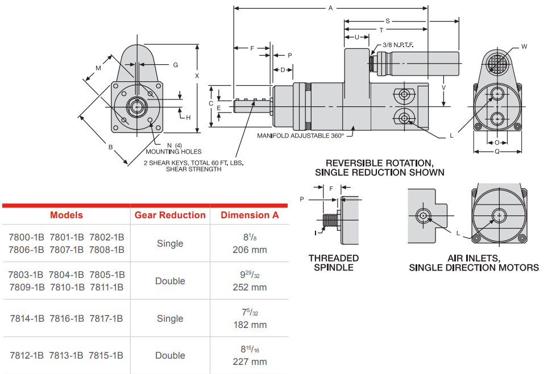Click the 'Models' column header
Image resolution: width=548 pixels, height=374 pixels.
pyautogui.click(x=66, y=215)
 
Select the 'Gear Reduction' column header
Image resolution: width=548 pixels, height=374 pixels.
pyautogui.click(x=170, y=215)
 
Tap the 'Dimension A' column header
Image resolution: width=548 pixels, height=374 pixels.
pyautogui.click(x=250, y=215)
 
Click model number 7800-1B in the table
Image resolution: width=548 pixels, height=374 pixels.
pyautogui.click(x=26, y=237)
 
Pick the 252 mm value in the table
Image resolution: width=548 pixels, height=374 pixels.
pyautogui.click(x=250, y=288)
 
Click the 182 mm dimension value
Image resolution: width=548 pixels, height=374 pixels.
pyautogui.click(x=250, y=325)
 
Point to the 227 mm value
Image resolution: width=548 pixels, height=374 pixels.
pyautogui.click(x=250, y=362)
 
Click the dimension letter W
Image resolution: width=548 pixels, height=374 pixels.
pyautogui.click(x=524, y=47)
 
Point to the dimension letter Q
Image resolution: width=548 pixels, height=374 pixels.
pyautogui.click(x=497, y=152)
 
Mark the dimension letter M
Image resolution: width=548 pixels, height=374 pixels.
pyautogui.click(x=98, y=68)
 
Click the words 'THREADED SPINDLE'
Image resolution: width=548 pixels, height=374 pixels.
pyautogui.click(x=334, y=263)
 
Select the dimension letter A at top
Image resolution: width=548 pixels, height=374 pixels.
pyautogui.click(x=330, y=8)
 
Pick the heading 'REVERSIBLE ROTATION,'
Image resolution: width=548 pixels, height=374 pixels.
pyautogui.click(x=379, y=163)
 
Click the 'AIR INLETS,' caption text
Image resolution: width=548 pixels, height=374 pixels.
pyautogui.click(x=474, y=258)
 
